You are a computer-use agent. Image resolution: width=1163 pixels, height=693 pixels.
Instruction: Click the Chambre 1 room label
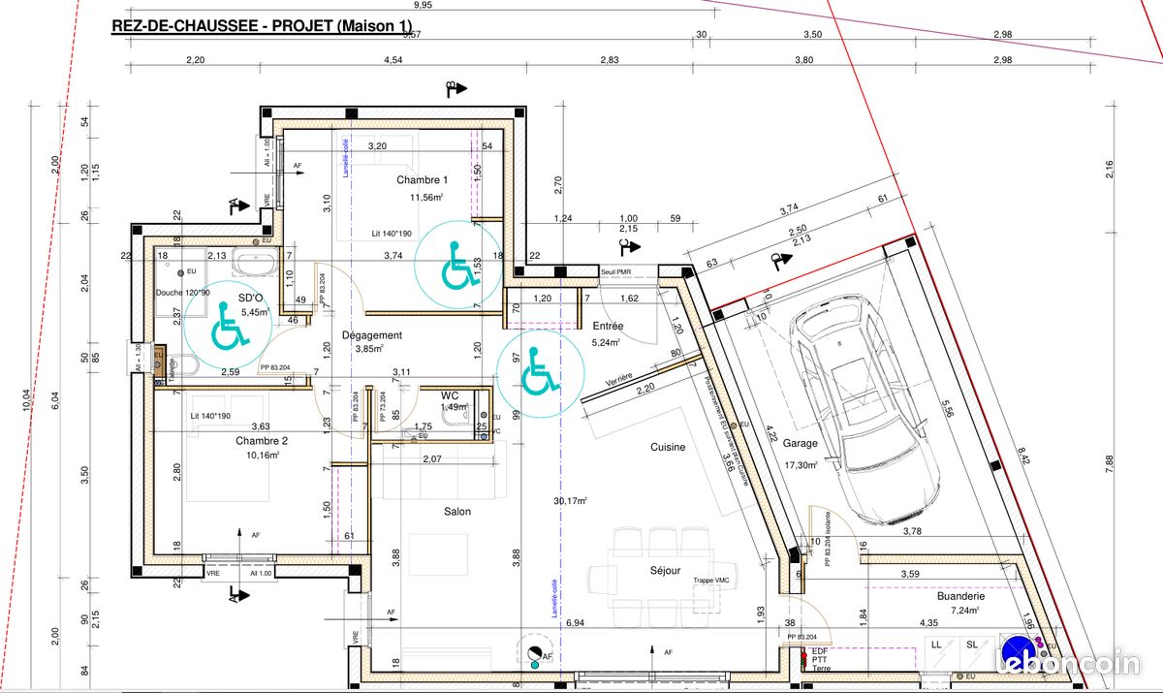[422, 180]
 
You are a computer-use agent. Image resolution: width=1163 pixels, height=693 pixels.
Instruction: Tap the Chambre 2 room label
[261, 441]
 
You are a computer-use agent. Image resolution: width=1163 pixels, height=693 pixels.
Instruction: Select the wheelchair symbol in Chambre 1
[458, 264]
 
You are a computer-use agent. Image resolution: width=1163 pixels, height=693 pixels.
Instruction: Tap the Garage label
[801, 444]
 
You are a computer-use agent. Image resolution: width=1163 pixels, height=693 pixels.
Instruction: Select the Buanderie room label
[960, 598]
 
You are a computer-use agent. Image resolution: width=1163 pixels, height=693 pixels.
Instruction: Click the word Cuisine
[668, 448]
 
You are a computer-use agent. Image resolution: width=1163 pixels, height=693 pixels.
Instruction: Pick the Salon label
[457, 512]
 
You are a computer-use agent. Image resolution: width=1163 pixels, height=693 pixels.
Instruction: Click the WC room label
[450, 396]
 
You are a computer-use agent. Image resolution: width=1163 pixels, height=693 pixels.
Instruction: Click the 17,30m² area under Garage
[801, 465]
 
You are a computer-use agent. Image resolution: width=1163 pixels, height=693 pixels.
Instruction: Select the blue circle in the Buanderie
[1015, 648]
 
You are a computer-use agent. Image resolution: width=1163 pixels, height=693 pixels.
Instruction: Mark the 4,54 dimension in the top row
[393, 60]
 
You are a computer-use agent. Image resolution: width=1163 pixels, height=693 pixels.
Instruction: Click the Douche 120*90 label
[182, 292]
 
